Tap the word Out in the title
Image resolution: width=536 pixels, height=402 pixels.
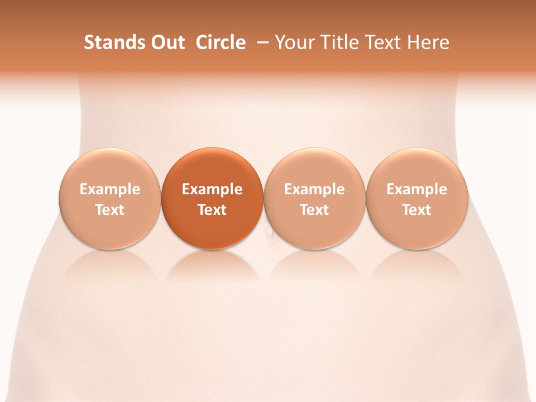click(167, 42)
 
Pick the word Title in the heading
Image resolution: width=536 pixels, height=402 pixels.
click(337, 42)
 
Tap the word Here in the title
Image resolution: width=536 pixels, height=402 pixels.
click(429, 42)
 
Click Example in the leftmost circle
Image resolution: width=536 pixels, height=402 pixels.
click(110, 189)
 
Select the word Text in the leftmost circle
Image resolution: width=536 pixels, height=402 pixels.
click(110, 210)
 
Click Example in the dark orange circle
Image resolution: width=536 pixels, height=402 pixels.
click(212, 189)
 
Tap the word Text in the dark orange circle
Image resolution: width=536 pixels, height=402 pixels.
click(212, 210)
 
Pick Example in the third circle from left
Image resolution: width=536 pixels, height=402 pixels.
click(314, 189)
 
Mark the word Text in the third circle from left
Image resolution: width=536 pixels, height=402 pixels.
click(314, 210)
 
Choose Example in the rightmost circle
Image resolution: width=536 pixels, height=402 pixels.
click(417, 189)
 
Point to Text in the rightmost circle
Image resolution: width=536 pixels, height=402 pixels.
click(417, 210)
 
